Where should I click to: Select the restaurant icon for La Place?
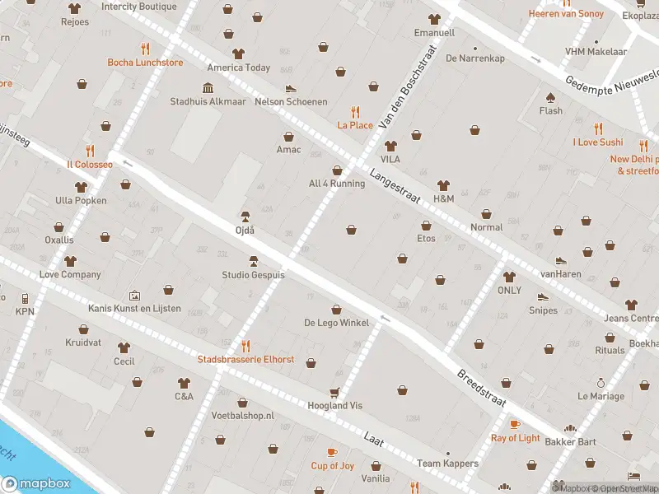point(356,111)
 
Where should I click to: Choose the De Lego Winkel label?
point(336,323)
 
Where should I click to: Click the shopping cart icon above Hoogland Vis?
point(334,392)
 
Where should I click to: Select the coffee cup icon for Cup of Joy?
point(332,452)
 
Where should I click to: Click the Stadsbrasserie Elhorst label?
point(245,360)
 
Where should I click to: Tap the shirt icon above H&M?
point(443,185)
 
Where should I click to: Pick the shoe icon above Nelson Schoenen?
point(290,88)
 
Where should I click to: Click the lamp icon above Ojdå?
point(245,217)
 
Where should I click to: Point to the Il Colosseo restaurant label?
point(90,164)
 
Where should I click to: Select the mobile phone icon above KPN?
point(25,298)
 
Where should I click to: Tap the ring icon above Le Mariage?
point(601,383)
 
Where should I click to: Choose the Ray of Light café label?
point(516,438)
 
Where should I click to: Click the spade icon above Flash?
point(550,96)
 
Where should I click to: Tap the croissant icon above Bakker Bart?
point(569,429)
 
